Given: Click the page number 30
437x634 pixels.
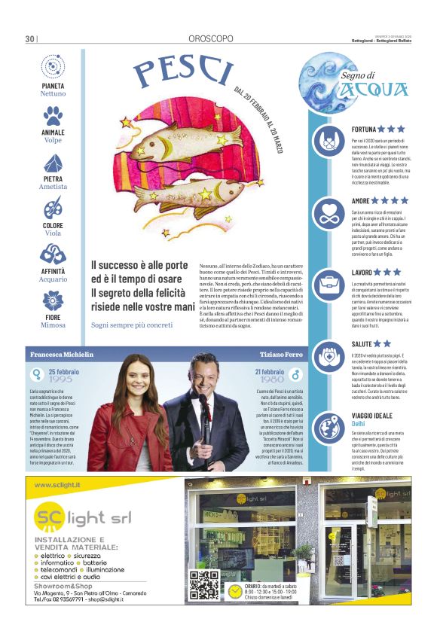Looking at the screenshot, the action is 30,39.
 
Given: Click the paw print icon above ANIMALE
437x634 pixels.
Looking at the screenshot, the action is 53,115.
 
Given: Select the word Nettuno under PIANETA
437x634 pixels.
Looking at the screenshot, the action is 53,94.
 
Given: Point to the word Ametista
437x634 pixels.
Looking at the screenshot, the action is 53,187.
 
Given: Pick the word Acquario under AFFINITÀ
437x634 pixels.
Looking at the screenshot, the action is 53,279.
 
